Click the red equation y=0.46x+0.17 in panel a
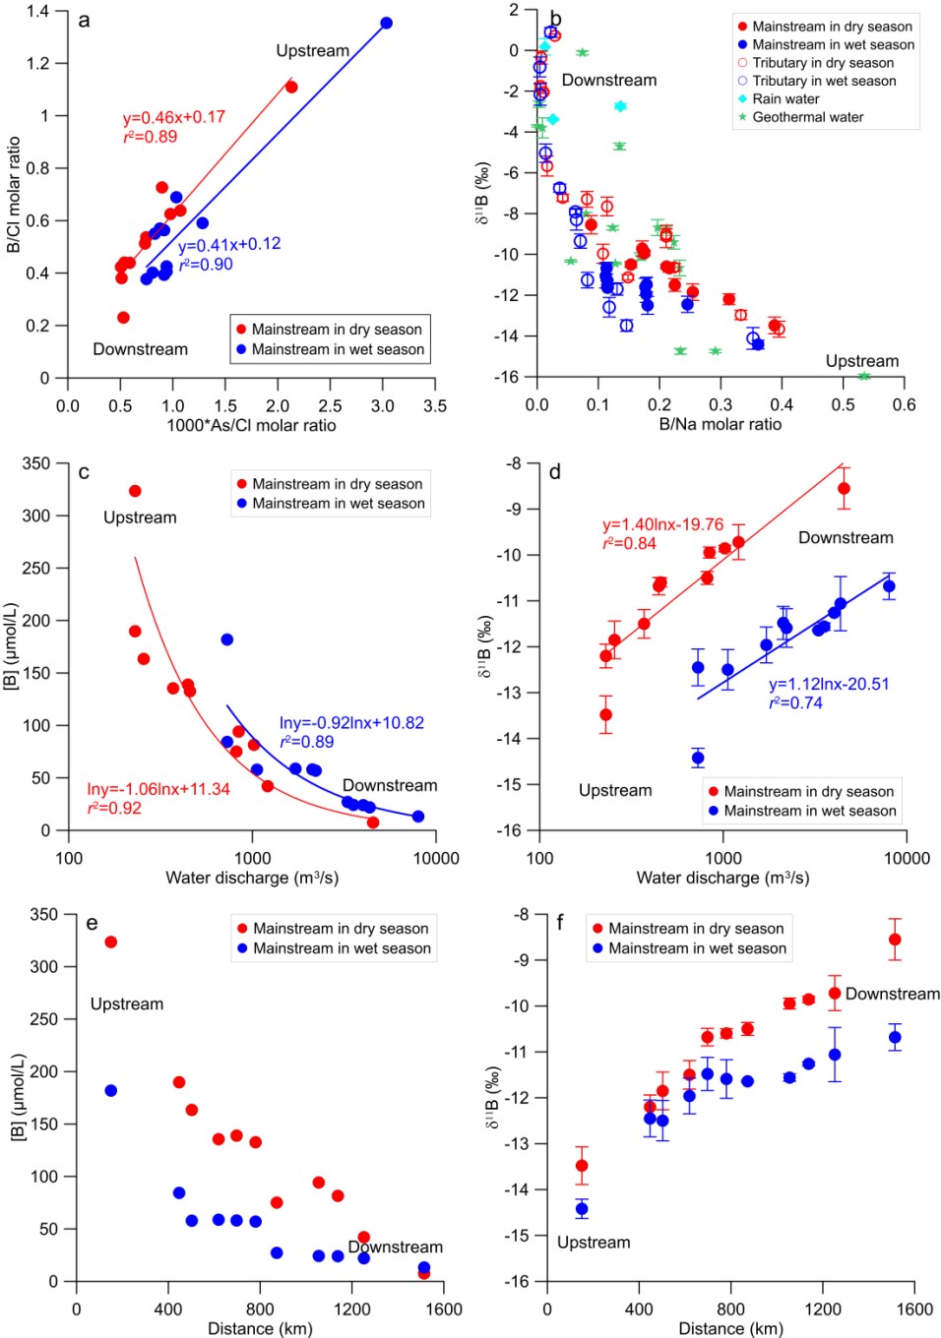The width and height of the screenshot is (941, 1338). tap(174, 117)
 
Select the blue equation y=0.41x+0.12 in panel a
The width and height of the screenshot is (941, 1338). tap(229, 244)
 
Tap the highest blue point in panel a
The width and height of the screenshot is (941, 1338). tap(386, 23)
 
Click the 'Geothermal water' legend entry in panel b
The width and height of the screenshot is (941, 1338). tap(807, 117)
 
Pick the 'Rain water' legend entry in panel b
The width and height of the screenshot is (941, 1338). tap(785, 99)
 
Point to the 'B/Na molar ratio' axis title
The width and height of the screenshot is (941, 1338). tap(720, 424)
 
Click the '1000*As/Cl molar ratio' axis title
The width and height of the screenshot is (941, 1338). tap(251, 425)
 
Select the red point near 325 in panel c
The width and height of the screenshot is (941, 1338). tap(135, 491)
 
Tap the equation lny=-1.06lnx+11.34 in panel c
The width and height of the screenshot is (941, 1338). tap(158, 789)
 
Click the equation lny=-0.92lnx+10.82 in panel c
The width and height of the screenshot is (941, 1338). tap(351, 723)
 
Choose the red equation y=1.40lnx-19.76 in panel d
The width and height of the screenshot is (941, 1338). tap(662, 525)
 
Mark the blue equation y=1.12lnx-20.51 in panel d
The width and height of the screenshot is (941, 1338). tap(829, 684)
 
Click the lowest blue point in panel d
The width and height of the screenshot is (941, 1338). tap(698, 758)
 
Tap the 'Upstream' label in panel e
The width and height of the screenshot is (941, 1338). tap(127, 1004)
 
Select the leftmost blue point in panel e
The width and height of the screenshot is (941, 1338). tap(111, 1091)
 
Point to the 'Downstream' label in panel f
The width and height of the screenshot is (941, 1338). tap(892, 994)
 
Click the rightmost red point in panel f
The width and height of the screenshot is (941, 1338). tap(895, 940)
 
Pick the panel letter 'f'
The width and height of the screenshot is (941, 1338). tap(560, 923)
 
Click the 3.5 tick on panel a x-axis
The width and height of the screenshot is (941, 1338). tap(435, 405)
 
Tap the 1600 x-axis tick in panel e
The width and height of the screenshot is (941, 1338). tap(444, 1309)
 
